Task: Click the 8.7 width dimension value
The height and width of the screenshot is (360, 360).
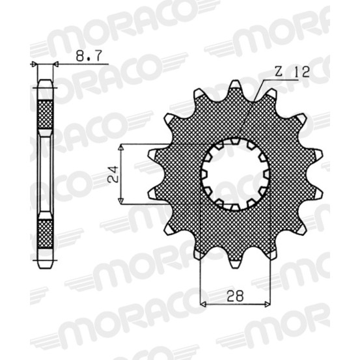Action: tap(89, 56)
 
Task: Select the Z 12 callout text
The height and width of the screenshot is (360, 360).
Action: tap(292, 72)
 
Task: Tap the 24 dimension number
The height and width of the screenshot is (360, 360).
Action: tap(113, 174)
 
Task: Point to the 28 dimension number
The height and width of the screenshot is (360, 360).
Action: tap(235, 296)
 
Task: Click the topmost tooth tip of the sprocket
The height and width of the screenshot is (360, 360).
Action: tap(235, 81)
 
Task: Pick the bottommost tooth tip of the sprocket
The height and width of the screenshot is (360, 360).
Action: tap(235, 266)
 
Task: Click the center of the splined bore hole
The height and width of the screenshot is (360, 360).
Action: tap(235, 174)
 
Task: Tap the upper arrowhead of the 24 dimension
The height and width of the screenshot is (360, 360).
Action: tap(121, 147)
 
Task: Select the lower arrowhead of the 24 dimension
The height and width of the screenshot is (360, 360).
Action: tap(121, 201)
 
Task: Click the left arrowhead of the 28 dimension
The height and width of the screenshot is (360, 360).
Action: tap(203, 304)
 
